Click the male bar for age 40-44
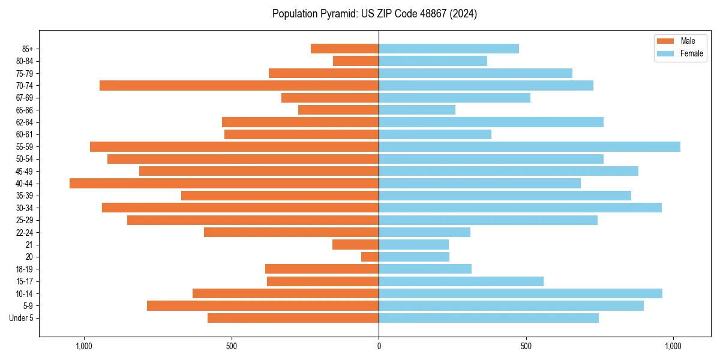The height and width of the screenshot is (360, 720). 224,183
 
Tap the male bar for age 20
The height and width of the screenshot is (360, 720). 370,257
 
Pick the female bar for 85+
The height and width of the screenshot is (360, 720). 449,49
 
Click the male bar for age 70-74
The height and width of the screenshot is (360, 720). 239,85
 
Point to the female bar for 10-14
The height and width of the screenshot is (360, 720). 520,293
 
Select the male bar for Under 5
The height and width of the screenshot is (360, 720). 293,318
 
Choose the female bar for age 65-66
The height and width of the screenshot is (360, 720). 417,110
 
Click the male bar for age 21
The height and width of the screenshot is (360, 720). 355,244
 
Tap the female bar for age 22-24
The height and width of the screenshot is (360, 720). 424,232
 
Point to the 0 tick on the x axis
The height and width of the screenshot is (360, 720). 379,346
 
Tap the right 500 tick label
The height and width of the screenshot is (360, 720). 526,346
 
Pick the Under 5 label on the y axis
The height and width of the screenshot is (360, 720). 21,318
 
